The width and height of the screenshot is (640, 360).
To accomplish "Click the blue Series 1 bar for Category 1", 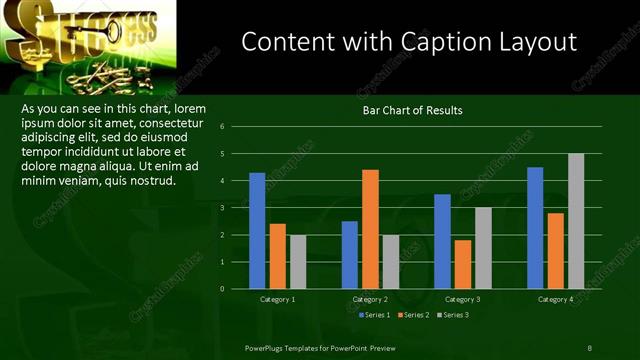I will click(x=257, y=230).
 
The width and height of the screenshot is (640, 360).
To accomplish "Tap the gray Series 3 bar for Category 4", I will click(x=576, y=221).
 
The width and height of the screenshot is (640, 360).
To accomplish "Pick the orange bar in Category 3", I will click(x=463, y=264).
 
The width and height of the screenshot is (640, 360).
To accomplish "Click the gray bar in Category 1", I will click(x=298, y=261).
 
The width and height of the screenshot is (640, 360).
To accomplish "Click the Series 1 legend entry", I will click(x=373, y=315).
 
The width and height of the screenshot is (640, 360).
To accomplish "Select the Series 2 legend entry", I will click(x=413, y=315).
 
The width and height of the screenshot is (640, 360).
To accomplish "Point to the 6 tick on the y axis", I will click(x=235, y=127).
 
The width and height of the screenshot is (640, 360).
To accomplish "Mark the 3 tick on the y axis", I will click(x=235, y=208).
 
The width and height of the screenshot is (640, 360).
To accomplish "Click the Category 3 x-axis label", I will click(x=462, y=299).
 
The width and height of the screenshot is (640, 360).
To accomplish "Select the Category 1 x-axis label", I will click(x=277, y=299).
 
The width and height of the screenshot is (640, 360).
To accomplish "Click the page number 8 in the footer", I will click(x=589, y=347).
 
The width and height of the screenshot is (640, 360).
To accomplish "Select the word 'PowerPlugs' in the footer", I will click(x=267, y=347).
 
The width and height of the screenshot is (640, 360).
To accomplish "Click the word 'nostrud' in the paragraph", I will click(x=152, y=181).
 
